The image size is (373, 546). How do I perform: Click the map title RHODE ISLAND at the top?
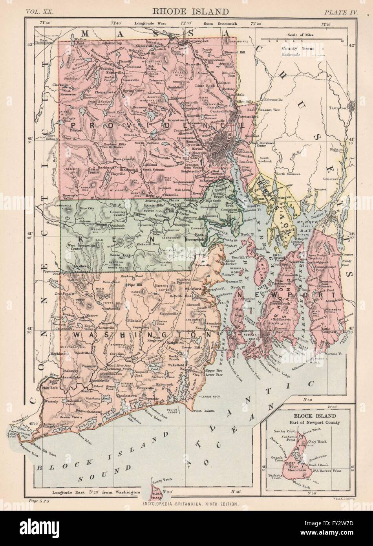pos(187,11)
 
